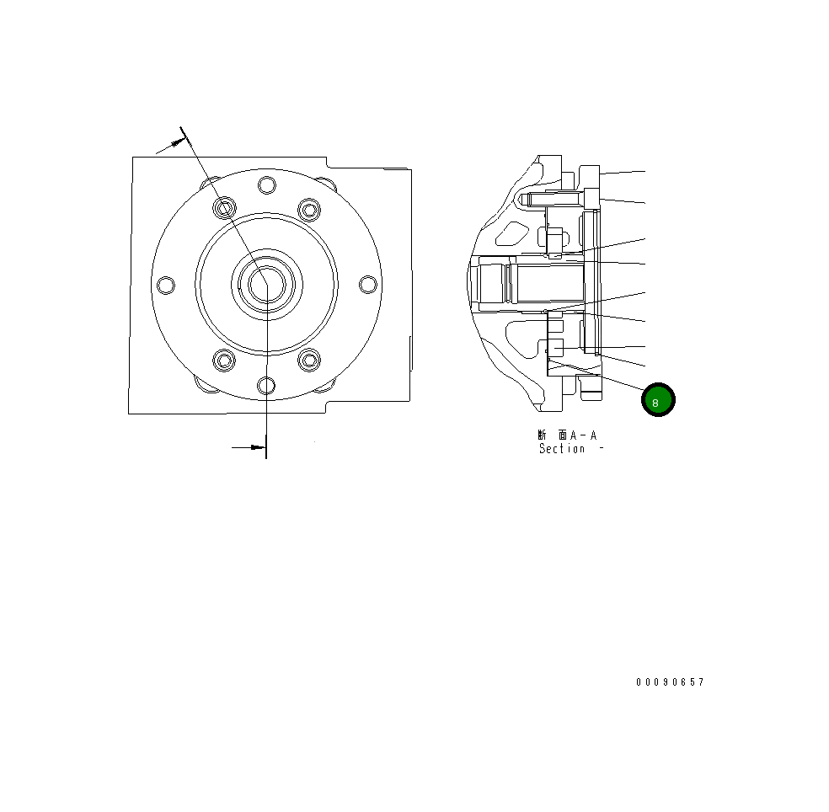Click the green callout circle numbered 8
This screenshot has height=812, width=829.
point(658,400)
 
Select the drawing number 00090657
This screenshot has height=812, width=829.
point(670,682)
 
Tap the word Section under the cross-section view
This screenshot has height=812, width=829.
point(562,449)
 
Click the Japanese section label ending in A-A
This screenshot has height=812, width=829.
point(567,435)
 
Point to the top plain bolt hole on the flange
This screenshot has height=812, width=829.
point(267,185)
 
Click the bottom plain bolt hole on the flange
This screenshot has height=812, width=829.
point(267,386)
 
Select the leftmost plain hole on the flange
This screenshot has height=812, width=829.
point(167,285)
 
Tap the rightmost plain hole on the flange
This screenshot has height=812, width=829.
point(367,285)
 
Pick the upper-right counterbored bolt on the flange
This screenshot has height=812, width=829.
point(309,207)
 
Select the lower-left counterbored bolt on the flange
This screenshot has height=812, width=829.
point(224,361)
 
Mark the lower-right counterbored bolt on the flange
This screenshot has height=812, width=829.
point(309,361)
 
